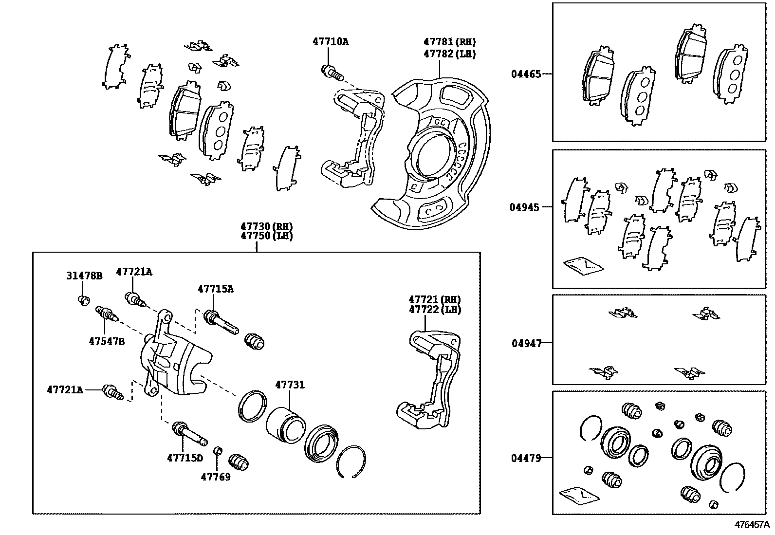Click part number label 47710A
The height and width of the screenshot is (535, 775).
coord(331,42)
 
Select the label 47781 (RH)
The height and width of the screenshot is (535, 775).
coord(449,42)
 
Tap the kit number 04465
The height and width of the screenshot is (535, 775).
coord(526,74)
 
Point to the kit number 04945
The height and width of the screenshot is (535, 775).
coord(525,207)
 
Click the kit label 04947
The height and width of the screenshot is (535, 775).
coord(526,344)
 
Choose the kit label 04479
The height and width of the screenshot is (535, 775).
coord(526,458)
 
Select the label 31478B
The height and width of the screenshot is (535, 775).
coord(84,276)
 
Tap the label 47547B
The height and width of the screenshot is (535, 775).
coord(107,342)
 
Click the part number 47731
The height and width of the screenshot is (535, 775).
coord(290,385)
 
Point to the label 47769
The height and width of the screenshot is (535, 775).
coord(216,477)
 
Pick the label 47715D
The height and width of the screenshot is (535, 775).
coord(185,458)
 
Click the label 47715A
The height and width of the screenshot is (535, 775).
coord(216,289)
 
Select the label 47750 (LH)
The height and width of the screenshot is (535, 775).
coord(266,236)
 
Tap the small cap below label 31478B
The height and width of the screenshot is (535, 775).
coord(83,299)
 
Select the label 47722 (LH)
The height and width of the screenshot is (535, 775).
coord(435,310)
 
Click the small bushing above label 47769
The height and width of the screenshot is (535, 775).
coord(219,449)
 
